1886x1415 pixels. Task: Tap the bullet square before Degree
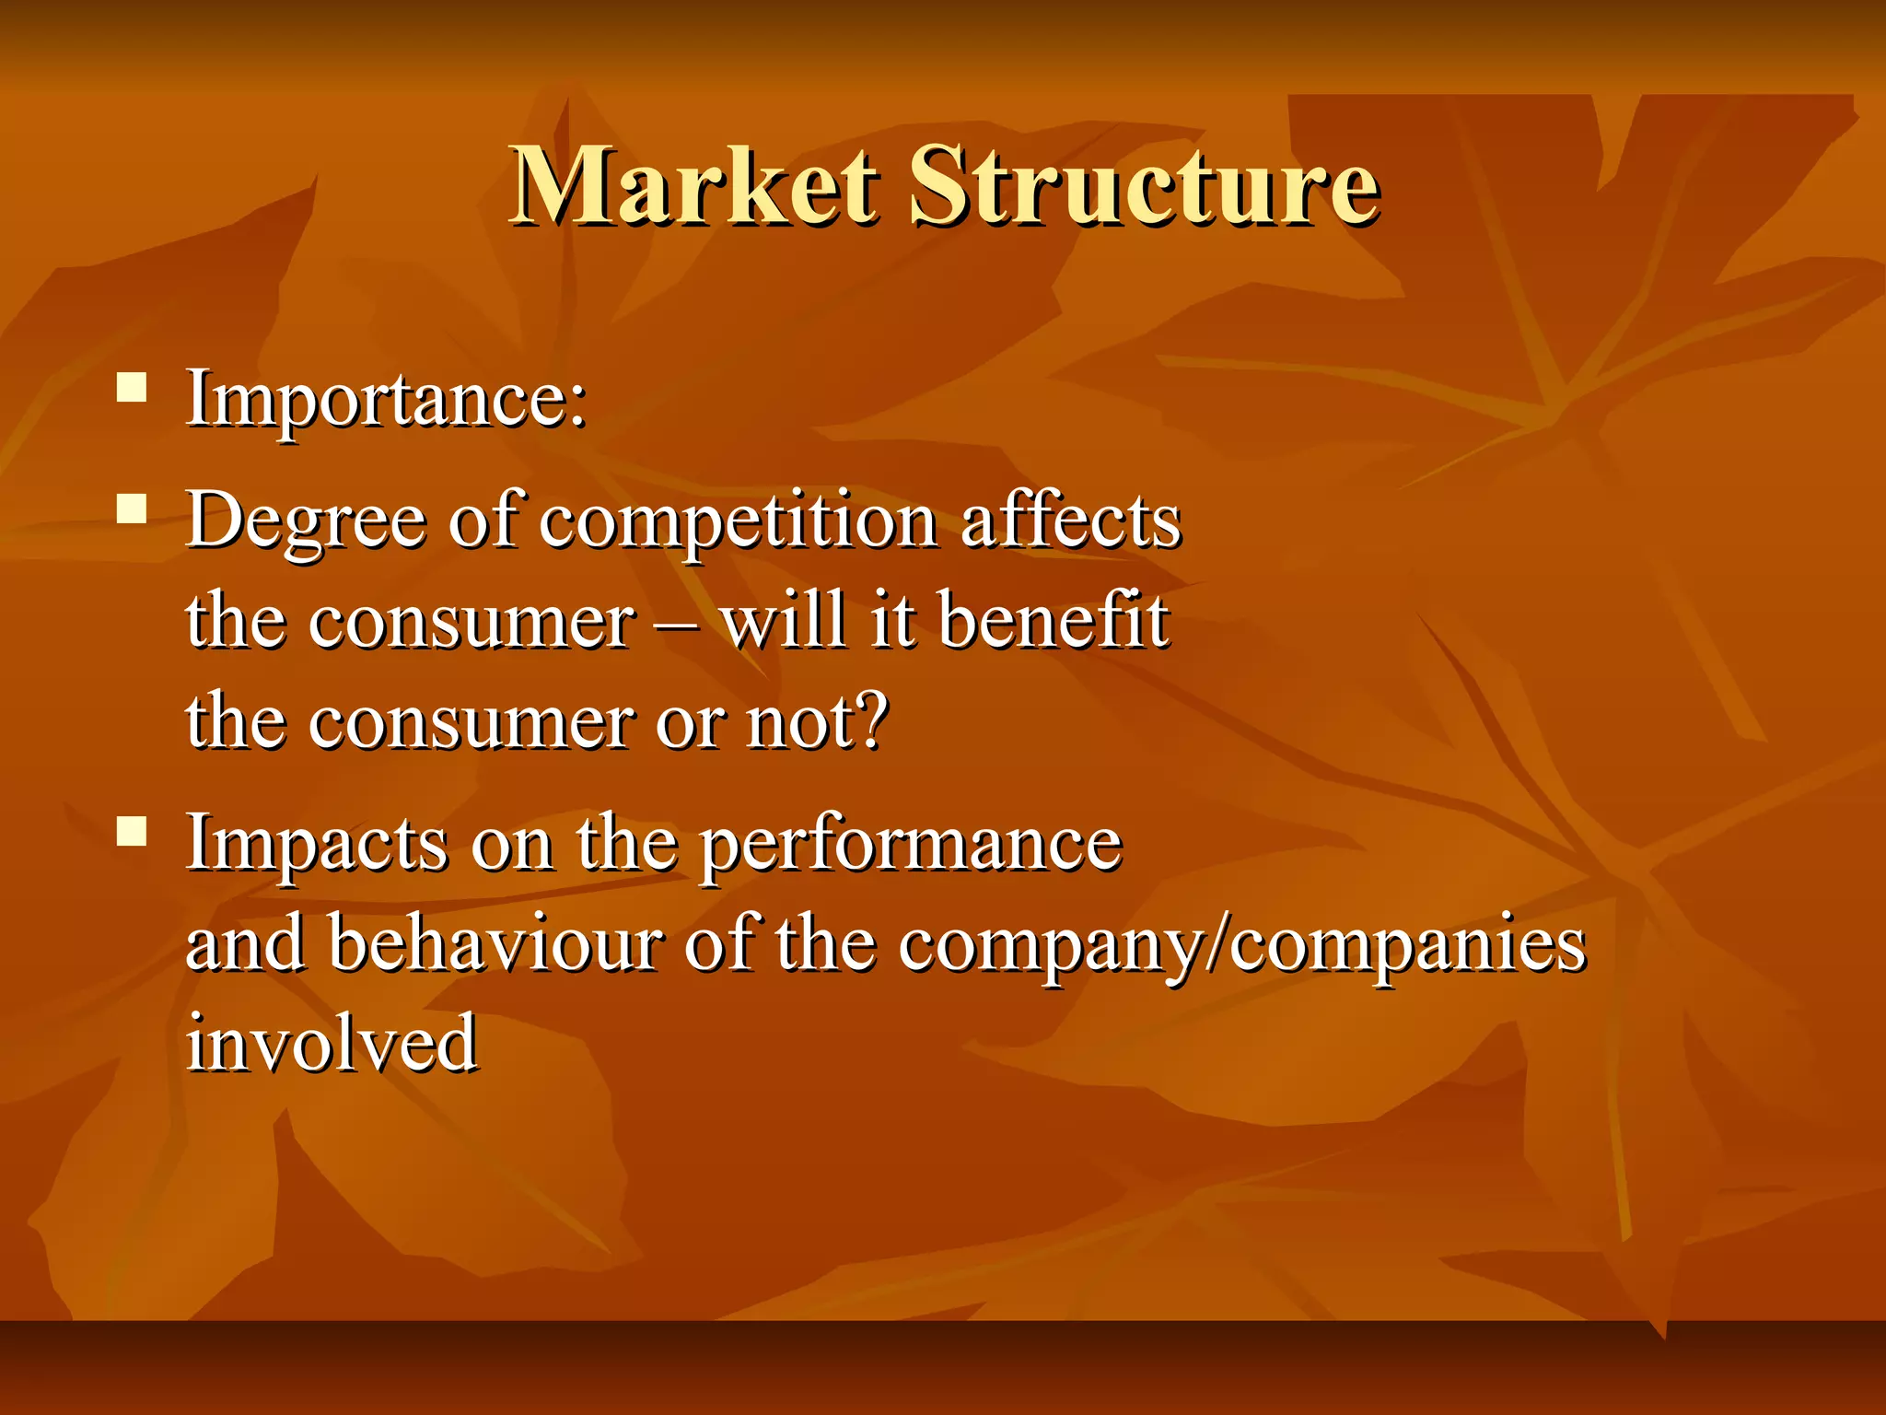click(133, 509)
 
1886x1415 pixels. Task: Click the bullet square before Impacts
click(133, 831)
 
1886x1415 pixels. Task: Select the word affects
click(1070, 521)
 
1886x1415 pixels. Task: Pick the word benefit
click(1054, 621)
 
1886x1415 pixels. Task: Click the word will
click(783, 621)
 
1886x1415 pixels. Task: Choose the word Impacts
click(317, 844)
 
